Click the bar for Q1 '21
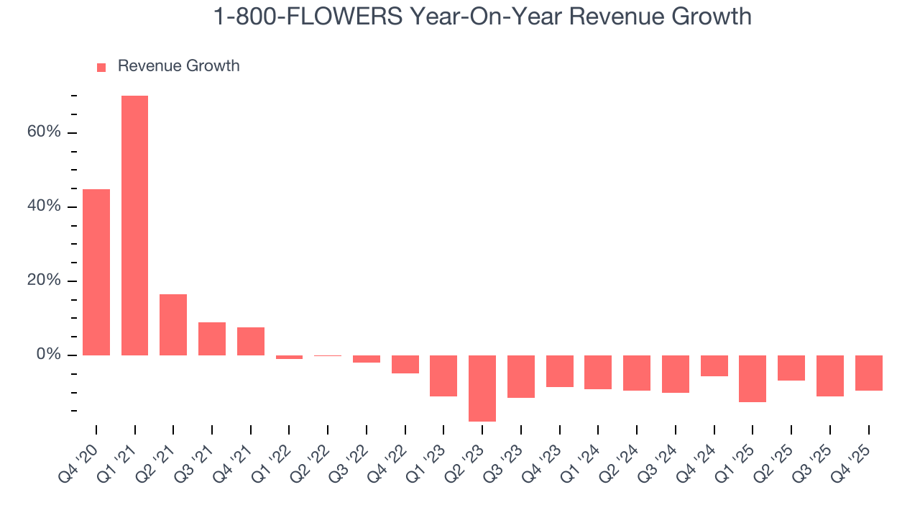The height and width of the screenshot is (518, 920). (134, 225)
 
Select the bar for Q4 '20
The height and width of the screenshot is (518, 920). (96, 272)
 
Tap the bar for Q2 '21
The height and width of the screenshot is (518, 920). (173, 324)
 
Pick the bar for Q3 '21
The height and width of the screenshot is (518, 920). (212, 339)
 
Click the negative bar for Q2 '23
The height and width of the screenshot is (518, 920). (482, 388)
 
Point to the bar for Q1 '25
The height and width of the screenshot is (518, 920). (753, 378)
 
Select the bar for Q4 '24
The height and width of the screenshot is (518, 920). (714, 365)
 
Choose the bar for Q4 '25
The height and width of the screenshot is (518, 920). (868, 373)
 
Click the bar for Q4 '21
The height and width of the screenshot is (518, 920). (251, 341)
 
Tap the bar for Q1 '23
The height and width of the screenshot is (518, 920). (443, 376)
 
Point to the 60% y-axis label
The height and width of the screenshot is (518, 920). (44, 132)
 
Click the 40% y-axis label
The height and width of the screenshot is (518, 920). (44, 206)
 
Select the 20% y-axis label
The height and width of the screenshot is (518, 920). (44, 281)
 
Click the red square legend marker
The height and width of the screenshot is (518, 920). (101, 67)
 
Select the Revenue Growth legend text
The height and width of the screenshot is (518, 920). (178, 66)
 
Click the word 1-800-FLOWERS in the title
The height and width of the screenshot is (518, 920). (307, 16)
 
